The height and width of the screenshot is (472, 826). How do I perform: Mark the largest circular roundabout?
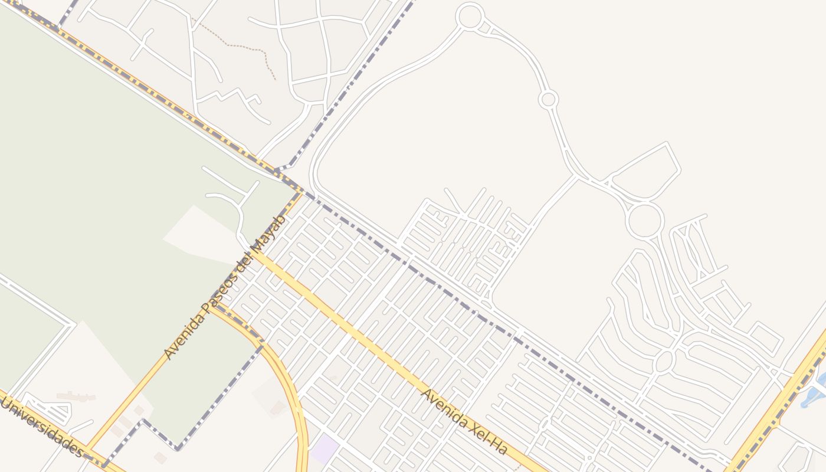644,221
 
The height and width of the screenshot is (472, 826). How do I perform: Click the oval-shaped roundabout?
664,361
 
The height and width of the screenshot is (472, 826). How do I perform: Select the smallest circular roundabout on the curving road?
548,99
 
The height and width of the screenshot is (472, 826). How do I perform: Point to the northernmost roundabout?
470,16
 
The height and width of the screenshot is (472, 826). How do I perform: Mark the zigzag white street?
230,97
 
